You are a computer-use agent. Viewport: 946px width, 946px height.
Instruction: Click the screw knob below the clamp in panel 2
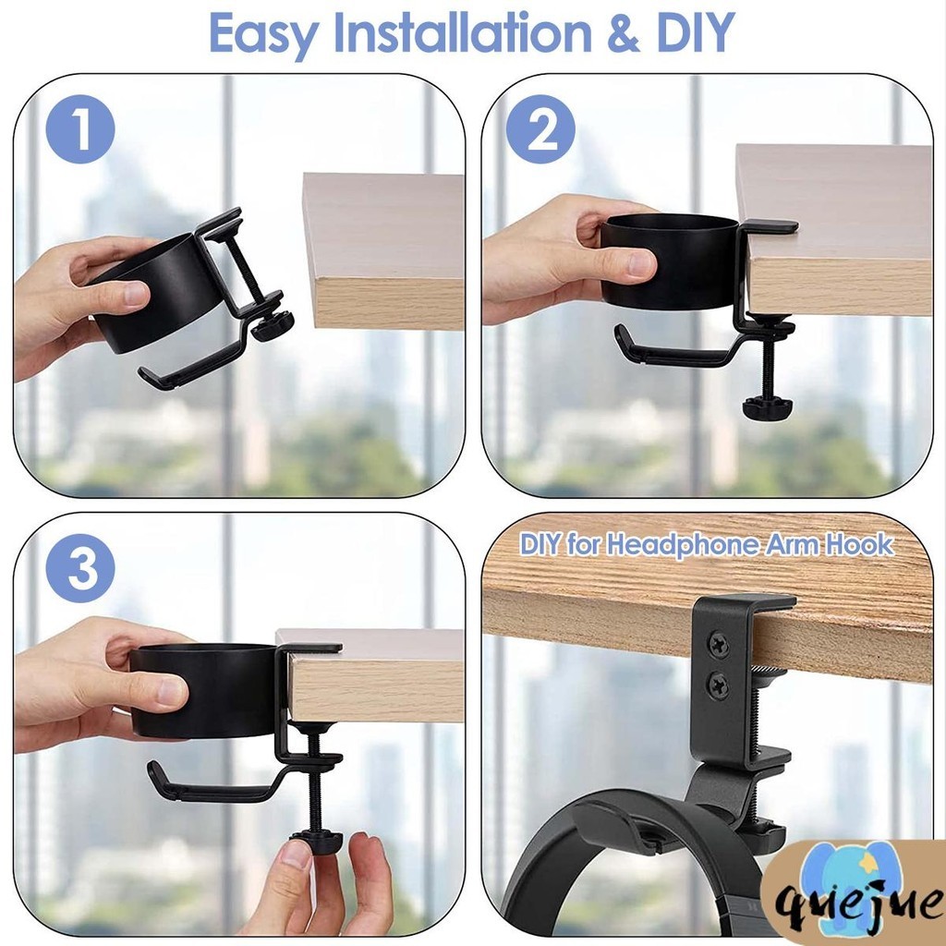[x=767, y=406]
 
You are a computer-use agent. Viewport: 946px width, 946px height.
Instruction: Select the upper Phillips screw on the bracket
[x=717, y=638]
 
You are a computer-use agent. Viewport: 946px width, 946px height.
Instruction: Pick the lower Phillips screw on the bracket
[x=717, y=685]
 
